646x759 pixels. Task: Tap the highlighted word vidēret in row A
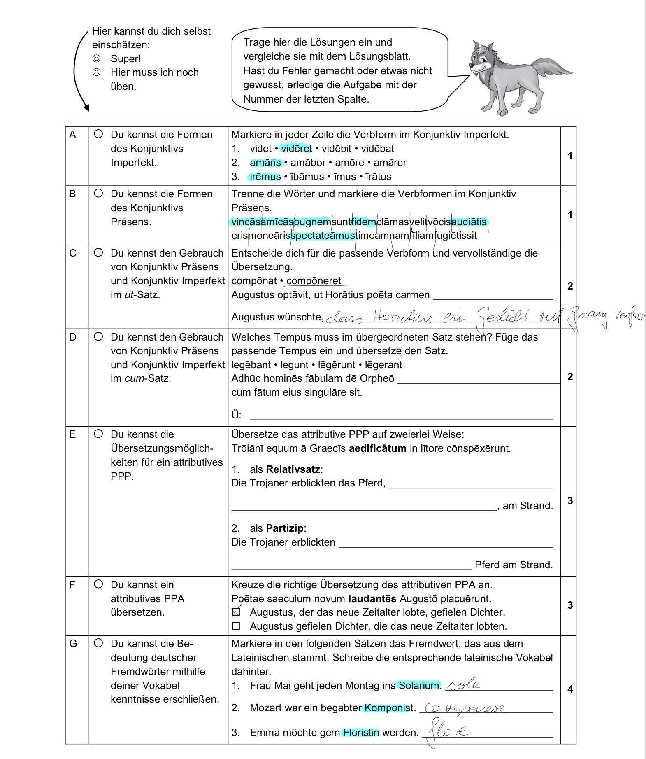point(296,148)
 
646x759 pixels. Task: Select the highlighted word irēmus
point(265,177)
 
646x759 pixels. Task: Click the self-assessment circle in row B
point(98,193)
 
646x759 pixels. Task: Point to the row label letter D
point(73,337)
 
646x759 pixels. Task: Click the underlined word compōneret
point(314,281)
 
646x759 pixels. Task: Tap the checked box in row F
point(236,612)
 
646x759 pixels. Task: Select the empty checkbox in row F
point(236,626)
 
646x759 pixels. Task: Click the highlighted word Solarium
point(418,685)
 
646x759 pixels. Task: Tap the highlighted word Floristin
point(361,733)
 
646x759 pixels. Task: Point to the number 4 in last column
point(569,689)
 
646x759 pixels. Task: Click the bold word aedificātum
point(377,448)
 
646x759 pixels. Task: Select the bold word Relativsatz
point(293,469)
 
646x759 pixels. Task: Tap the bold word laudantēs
point(372,598)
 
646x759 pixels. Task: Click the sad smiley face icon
point(96,72)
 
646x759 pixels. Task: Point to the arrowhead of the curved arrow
point(86,108)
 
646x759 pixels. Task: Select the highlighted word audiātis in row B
point(469,222)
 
